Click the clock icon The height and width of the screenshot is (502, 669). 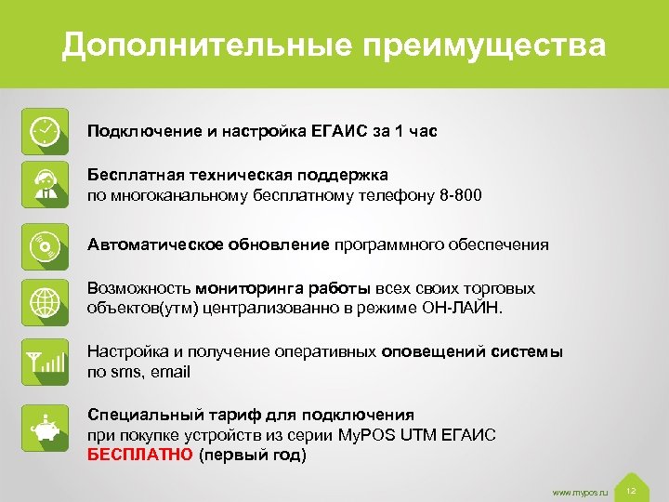pyautogui.click(x=45, y=130)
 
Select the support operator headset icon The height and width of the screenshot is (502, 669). pyautogui.click(x=45, y=184)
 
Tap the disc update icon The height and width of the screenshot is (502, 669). pyautogui.click(x=45, y=245)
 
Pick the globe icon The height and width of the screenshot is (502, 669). pyautogui.click(x=45, y=300)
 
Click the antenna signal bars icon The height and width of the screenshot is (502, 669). pyautogui.click(x=45, y=361)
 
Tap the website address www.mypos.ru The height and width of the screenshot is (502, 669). pyautogui.click(x=579, y=490)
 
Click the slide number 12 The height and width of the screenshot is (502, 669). pyautogui.click(x=631, y=490)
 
